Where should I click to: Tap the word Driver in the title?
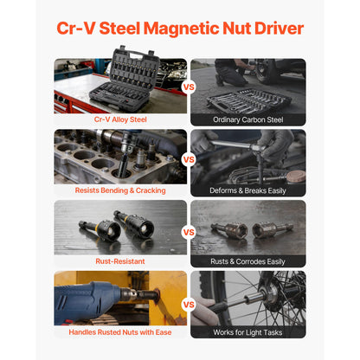click(x=279, y=29)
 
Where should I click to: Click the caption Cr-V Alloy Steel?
click(x=120, y=119)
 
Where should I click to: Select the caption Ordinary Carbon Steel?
click(x=248, y=119)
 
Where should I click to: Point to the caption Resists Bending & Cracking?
click(x=120, y=190)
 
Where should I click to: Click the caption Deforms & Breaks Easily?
click(x=247, y=190)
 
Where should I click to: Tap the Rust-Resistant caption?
click(x=120, y=261)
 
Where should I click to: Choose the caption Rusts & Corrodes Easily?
click(x=247, y=261)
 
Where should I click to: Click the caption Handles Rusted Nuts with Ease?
click(x=120, y=332)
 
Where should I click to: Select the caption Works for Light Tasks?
click(x=247, y=332)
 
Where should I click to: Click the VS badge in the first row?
click(x=189, y=87)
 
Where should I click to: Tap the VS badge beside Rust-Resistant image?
click(x=189, y=232)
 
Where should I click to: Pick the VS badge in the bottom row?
click(x=189, y=305)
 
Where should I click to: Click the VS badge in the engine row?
click(x=189, y=159)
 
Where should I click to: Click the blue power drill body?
click(x=87, y=300)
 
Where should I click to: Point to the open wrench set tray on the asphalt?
click(x=248, y=101)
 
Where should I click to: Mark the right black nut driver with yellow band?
click(x=134, y=223)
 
